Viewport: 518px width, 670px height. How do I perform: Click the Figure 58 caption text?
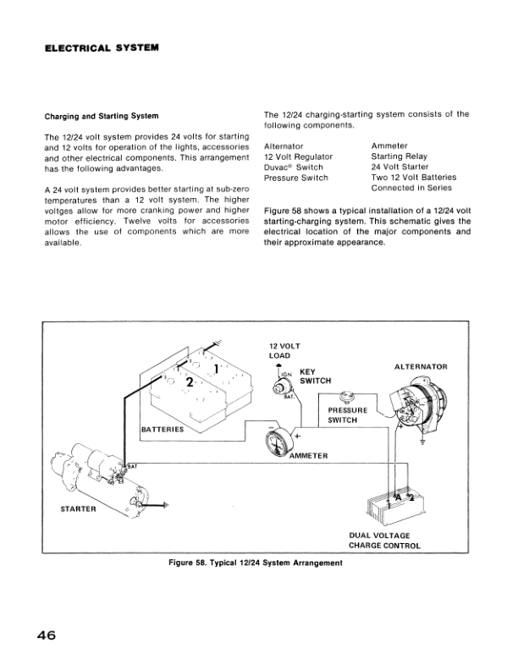[255, 564]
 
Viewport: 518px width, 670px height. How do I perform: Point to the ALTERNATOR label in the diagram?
[420, 366]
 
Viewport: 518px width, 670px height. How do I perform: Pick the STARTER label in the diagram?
[79, 509]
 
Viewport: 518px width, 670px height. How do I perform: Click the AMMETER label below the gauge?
[308, 456]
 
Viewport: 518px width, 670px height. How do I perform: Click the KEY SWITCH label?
[316, 376]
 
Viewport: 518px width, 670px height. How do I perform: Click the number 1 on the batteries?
[218, 369]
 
